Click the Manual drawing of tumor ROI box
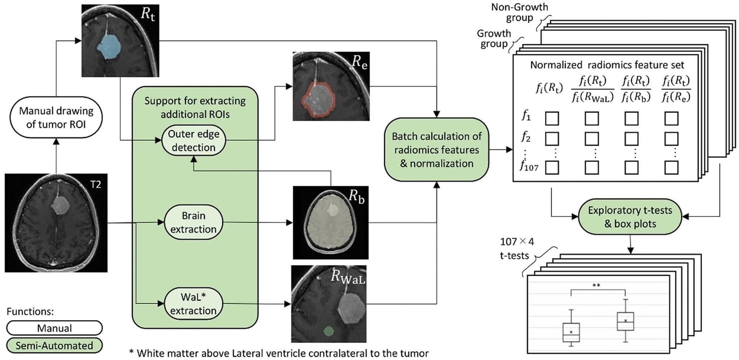56,118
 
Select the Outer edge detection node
194,140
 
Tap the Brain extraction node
194,222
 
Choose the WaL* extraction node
194,304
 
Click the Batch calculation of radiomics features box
436,150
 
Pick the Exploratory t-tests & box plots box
630,217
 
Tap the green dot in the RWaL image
328,331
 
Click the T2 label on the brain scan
96,184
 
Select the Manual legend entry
54,328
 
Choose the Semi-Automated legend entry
54,346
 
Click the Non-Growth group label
520,12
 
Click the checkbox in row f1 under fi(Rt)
552,119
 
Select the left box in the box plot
571,332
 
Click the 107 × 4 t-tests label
516,248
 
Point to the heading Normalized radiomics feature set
607,65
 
